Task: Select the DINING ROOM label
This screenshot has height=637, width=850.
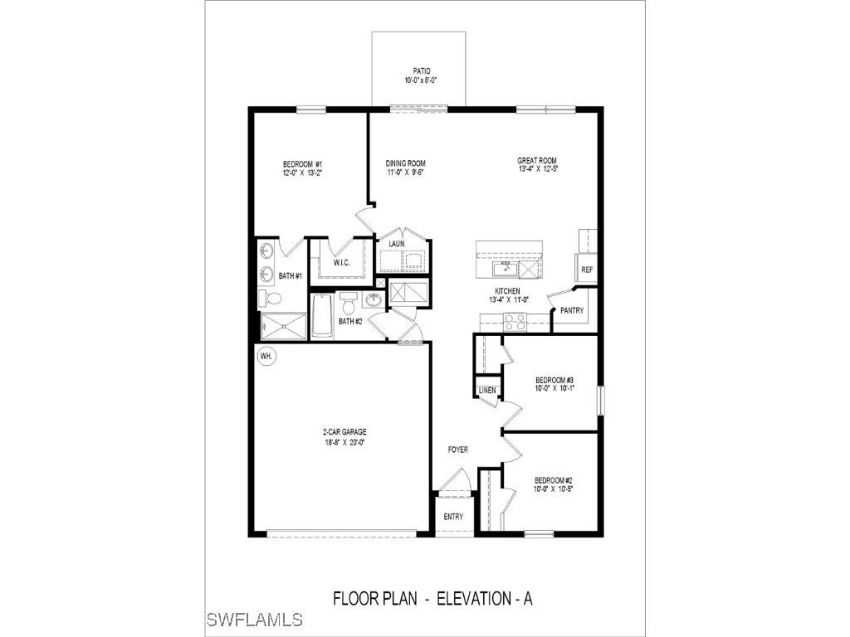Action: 405,163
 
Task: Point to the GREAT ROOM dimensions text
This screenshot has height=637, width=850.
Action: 537,170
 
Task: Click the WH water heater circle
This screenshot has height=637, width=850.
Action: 266,356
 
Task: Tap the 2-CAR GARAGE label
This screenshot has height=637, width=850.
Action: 344,432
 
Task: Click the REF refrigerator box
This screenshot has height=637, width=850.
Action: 587,270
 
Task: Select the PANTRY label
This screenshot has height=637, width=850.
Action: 572,311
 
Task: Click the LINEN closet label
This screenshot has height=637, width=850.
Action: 487,390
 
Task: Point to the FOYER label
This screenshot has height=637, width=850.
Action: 457,450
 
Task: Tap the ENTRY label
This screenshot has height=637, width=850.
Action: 453,517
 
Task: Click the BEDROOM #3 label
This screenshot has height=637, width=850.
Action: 554,380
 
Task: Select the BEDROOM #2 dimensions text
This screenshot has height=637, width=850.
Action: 554,489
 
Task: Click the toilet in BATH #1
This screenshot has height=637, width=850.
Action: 270,298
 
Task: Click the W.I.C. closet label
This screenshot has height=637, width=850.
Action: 342,264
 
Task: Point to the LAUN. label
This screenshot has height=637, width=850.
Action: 397,244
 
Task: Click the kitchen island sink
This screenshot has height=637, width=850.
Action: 503,269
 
